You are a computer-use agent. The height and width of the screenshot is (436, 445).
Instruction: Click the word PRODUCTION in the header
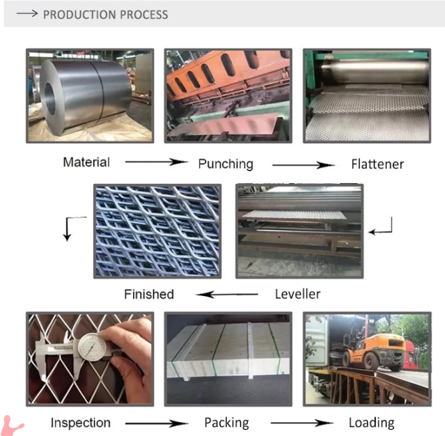pos(78,15)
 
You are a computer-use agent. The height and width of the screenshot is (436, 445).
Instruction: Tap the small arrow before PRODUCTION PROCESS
pos(27,13)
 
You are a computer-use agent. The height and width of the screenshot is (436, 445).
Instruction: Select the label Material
pos(86,162)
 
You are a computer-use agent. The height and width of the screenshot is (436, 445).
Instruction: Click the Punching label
pos(226,164)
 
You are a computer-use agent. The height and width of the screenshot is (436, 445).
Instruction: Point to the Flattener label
pos(377,164)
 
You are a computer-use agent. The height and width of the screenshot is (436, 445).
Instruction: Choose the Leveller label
pos(297,294)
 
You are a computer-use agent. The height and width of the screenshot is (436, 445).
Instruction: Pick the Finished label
pos(149,294)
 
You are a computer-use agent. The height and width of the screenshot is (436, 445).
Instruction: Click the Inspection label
pos(81,423)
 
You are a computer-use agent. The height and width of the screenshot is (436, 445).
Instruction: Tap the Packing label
pos(227,423)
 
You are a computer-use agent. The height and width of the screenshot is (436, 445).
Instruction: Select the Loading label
pos(371,423)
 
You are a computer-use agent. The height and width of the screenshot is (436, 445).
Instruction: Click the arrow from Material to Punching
pos(157,162)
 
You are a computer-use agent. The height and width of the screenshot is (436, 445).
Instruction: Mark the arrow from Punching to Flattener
pos(304,165)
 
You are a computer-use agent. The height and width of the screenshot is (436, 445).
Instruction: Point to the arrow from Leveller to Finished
pos(227,295)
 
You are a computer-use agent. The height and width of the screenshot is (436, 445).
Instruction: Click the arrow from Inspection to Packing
pos(157,423)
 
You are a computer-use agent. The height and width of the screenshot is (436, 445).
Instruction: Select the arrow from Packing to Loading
pos(302,423)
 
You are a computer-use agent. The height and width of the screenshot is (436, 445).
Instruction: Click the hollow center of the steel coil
pos(49,98)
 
